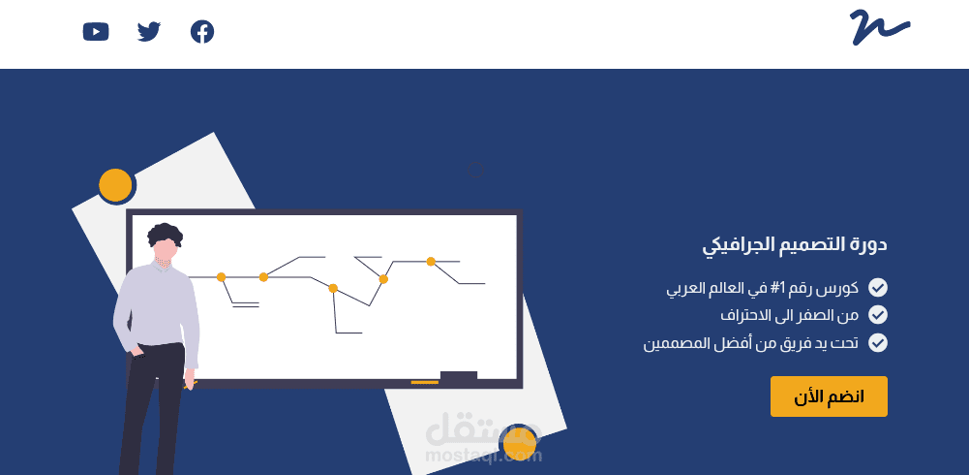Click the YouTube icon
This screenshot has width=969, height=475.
point(96,32)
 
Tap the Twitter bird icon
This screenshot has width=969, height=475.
point(149,32)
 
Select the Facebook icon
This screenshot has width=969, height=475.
point(202,32)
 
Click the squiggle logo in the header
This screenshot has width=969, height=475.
point(879,27)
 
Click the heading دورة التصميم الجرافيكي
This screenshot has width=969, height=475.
point(795,244)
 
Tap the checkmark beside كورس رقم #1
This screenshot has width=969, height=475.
point(878,288)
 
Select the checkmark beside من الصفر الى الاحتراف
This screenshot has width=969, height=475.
point(878,315)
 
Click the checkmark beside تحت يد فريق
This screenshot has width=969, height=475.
point(878,342)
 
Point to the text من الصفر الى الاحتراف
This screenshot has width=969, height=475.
point(790,315)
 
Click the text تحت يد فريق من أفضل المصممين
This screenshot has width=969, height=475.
point(751,342)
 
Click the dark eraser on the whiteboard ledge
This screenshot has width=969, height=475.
point(459,376)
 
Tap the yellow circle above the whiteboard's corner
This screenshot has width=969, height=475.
point(115,184)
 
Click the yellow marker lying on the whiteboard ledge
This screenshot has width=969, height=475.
point(424,382)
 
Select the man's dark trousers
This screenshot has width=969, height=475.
point(155,407)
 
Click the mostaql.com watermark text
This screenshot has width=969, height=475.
point(483,453)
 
